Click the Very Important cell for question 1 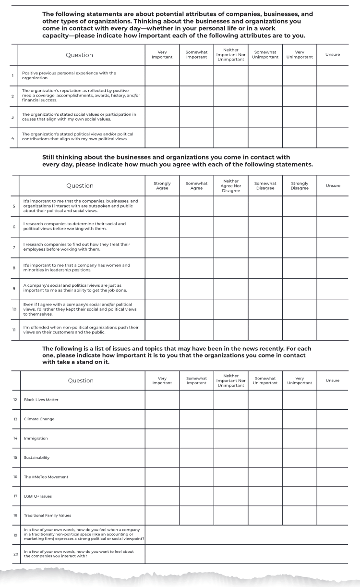click(162, 75)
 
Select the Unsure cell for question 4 click(333, 137)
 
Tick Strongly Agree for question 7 click(162, 247)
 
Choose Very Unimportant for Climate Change click(300, 419)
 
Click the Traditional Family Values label click(48, 515)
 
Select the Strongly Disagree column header click(300, 185)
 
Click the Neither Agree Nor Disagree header click(231, 185)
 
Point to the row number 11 click(14, 330)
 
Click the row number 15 click(14, 457)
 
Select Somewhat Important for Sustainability click(196, 457)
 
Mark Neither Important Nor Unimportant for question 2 click(231, 96)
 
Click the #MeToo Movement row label click(46, 477)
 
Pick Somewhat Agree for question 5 click(196, 206)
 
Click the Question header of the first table click(80, 55)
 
